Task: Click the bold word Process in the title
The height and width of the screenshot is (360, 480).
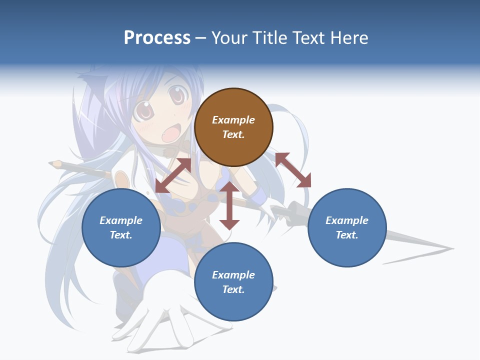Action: (x=157, y=38)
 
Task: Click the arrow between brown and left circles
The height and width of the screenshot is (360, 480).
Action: (x=173, y=175)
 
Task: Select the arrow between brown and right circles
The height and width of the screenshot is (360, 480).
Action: (x=293, y=170)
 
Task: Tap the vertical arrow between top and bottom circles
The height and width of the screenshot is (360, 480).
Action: (x=229, y=206)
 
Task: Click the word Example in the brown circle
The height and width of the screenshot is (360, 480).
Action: (x=233, y=120)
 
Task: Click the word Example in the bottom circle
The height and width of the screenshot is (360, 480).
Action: (x=233, y=275)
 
